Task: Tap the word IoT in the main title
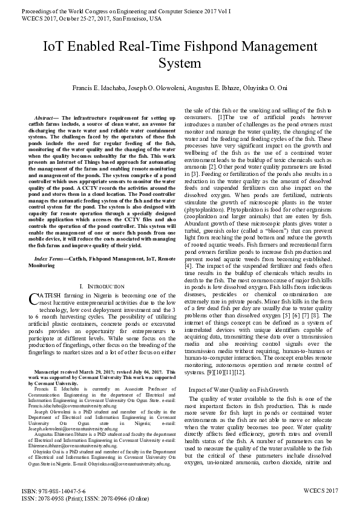(x=57, y=47)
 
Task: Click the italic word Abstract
(x=46, y=118)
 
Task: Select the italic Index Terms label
(x=50, y=258)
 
